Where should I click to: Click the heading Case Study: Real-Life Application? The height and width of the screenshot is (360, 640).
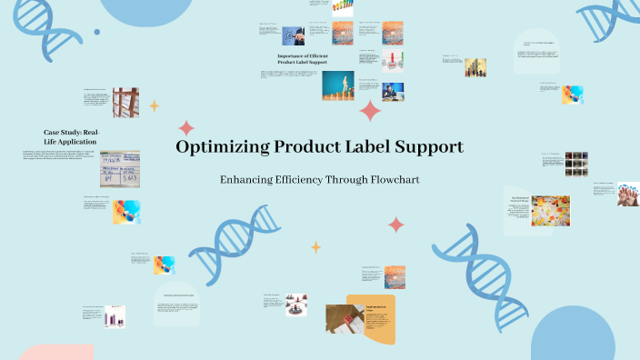click(x=71, y=137)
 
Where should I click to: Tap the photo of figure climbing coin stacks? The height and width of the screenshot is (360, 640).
click(x=338, y=85)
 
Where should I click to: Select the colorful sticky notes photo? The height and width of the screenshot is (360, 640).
click(x=551, y=211)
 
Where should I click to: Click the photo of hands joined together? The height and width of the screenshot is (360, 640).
click(x=628, y=194)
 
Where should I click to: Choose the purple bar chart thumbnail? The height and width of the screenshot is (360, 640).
click(x=115, y=315)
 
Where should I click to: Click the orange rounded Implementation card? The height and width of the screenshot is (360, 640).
click(x=372, y=319)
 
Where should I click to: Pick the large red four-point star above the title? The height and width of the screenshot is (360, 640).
click(x=371, y=111)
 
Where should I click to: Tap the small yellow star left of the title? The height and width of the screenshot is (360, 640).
click(x=154, y=105)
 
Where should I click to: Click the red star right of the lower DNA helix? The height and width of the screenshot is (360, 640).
click(x=396, y=224)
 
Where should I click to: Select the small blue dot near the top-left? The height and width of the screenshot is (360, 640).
click(x=97, y=33)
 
